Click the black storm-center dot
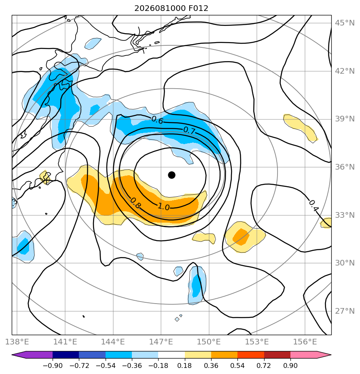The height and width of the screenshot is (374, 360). (x=172, y=175)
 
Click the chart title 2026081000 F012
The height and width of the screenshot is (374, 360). (x=171, y=8)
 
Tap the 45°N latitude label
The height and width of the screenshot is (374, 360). (x=345, y=23)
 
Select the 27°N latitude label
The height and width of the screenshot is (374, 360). (x=345, y=311)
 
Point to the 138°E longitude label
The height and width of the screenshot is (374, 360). (x=17, y=342)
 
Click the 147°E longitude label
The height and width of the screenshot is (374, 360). (x=161, y=342)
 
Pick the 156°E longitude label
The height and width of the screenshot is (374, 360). (x=305, y=342)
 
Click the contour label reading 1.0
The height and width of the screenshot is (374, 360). (x=164, y=207)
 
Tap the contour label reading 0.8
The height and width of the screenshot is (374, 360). (x=136, y=204)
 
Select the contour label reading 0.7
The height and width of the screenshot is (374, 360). (x=189, y=130)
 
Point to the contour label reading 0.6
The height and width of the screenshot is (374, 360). (x=157, y=120)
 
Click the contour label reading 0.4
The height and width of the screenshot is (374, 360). (x=313, y=206)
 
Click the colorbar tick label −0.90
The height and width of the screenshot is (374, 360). (x=53, y=365)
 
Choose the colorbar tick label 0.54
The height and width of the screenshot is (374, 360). (x=237, y=365)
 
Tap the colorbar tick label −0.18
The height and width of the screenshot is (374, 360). (x=158, y=365)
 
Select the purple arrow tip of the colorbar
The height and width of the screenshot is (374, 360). (x=13, y=355)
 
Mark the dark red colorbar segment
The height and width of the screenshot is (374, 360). (x=277, y=355)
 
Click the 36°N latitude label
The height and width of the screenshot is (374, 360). (x=345, y=167)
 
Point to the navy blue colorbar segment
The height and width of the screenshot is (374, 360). (x=66, y=355)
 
